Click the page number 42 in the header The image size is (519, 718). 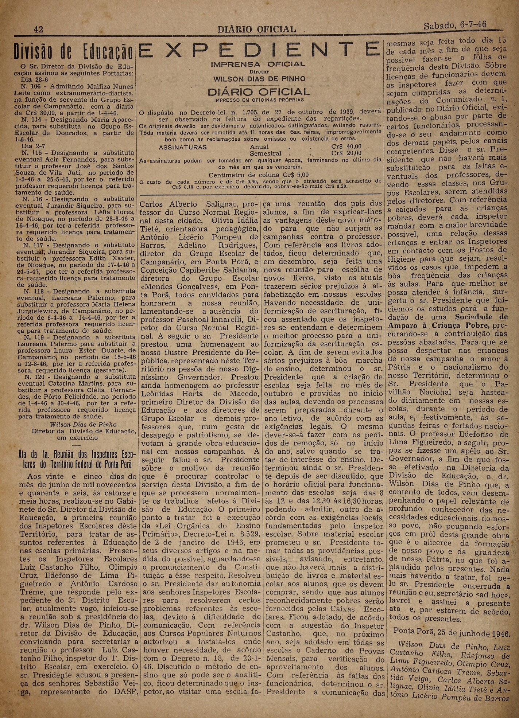coord(38,29)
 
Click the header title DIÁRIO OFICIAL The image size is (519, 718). coord(256,29)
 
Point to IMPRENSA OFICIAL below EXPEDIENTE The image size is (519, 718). coord(259,65)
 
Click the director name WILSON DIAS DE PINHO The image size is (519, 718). coord(259,79)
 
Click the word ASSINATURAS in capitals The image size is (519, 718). coord(183,147)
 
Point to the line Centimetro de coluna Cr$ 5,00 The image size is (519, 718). coord(259,175)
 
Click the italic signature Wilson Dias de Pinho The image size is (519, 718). coord(83,425)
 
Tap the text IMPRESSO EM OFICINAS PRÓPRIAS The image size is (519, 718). coord(259,99)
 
